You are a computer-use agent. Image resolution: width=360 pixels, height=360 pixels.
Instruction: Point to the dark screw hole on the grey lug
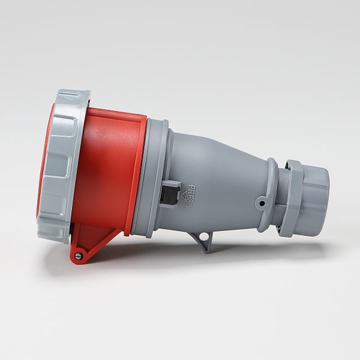point(262,203)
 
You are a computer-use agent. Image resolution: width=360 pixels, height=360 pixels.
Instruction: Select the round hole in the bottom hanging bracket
point(203,236)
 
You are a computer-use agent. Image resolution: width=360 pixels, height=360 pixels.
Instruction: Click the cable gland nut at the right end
point(315,197)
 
